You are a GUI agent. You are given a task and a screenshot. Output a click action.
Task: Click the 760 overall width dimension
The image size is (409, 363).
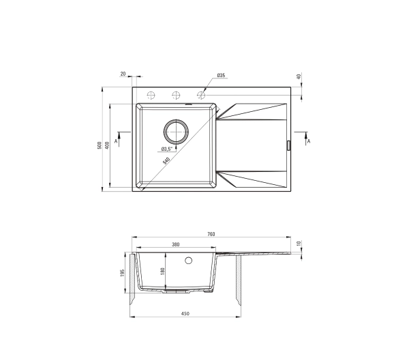(211, 234)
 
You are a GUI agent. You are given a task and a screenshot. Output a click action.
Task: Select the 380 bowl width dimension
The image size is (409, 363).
(176, 244)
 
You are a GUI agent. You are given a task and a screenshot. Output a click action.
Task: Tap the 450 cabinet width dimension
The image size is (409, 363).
(185, 313)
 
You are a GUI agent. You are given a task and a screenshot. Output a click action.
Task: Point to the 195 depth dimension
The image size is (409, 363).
(123, 273)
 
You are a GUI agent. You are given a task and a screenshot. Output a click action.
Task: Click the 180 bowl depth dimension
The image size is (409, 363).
(163, 272)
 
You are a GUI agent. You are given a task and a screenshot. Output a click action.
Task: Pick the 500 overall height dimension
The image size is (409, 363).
(99, 145)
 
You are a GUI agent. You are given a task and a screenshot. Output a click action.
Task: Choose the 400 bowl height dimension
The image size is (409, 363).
(107, 145)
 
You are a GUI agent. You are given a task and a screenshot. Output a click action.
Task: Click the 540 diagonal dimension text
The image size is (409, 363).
(166, 160)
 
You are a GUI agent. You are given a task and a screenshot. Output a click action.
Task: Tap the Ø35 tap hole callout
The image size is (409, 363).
(221, 76)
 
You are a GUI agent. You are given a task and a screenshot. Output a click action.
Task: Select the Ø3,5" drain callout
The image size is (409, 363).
(167, 149)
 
